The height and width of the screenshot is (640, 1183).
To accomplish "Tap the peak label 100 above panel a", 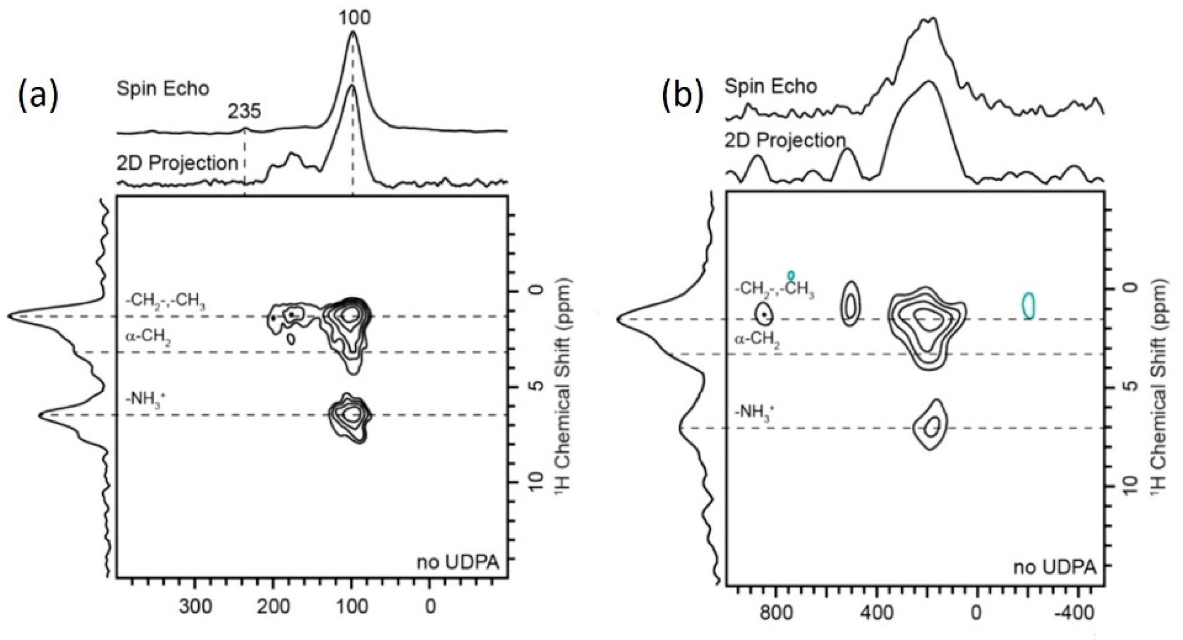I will (354, 17).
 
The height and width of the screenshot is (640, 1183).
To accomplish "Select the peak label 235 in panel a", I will (244, 111).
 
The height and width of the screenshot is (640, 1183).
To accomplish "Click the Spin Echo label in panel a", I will (162, 88).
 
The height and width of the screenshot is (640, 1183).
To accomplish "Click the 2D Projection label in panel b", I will (785, 141).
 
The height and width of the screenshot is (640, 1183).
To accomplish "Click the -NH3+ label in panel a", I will (146, 399).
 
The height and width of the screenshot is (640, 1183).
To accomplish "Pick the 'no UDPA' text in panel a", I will (457, 562).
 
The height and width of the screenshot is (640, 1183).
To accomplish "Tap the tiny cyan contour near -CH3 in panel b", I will (791, 275).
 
